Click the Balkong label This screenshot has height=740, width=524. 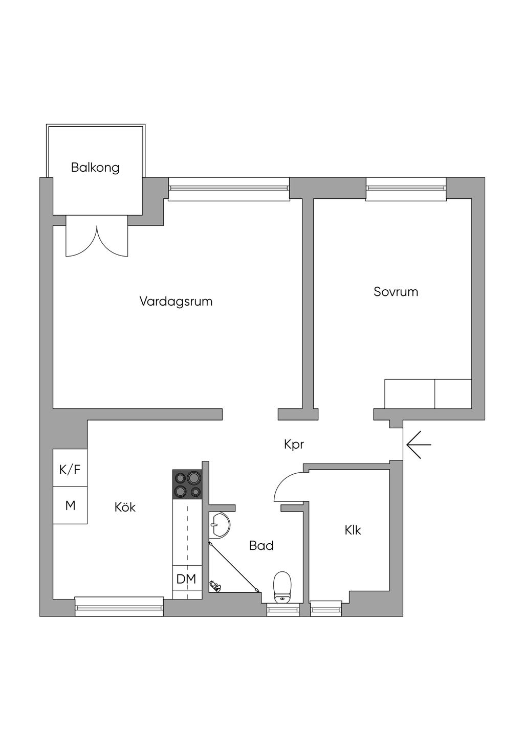point(95,168)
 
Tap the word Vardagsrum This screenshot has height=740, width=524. point(176,302)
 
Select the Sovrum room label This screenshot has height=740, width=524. point(396,292)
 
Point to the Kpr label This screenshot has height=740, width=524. point(294,445)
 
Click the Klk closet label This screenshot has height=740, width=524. point(353,530)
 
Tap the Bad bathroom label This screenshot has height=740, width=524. point(261,546)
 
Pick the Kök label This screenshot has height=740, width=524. point(125,507)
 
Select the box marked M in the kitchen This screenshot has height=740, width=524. point(70,505)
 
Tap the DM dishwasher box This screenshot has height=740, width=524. point(186,579)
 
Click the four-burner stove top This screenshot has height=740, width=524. point(187,484)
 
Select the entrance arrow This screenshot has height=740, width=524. point(419,445)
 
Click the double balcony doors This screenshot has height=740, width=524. point(96,237)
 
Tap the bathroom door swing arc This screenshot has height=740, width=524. point(289,486)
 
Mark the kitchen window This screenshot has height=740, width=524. point(119,606)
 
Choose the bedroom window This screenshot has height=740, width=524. point(406,189)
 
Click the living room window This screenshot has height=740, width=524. point(229,189)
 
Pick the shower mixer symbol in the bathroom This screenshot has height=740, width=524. point(215,587)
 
